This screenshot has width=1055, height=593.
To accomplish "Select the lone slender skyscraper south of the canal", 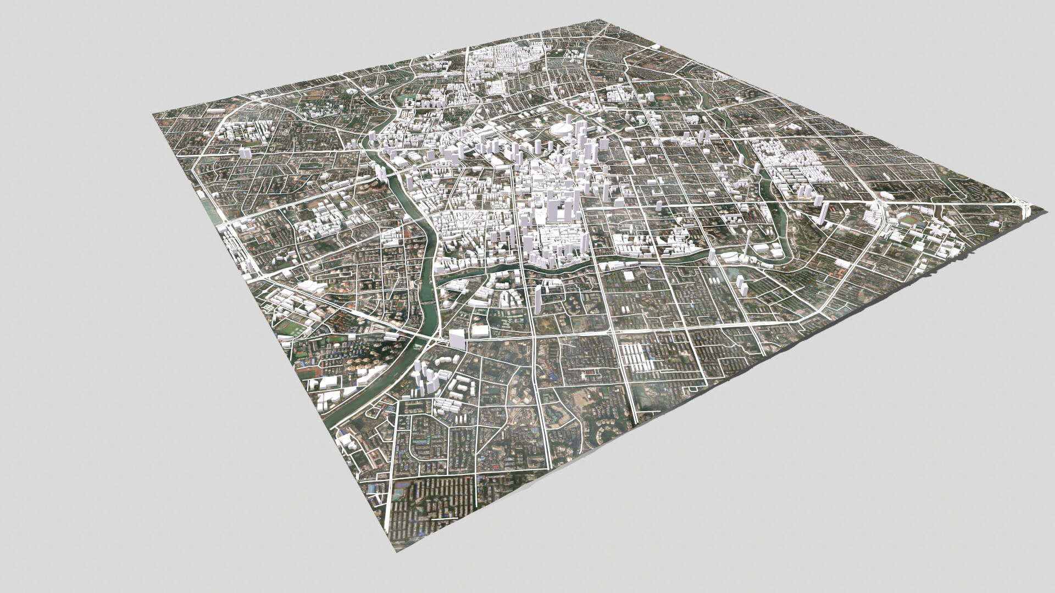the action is pyautogui.click(x=538, y=299).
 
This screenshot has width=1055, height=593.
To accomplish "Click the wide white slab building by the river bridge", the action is pyautogui.click(x=457, y=339).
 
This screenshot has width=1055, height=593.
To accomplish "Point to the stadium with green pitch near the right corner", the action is pyautogui.click(x=912, y=220).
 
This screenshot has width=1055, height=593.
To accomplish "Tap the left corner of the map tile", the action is pyautogui.click(x=153, y=114).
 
